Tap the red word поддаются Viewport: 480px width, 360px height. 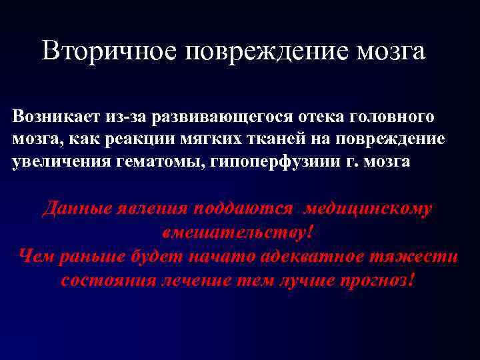coord(243,209)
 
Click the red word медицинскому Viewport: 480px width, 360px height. coord(369,209)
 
